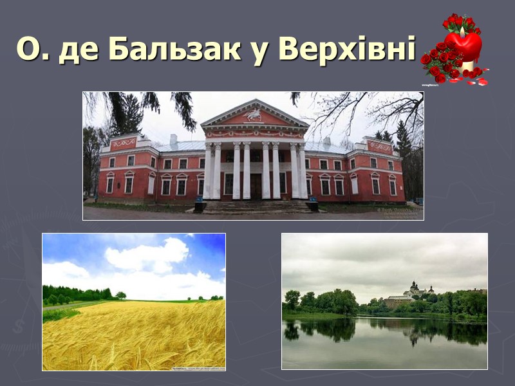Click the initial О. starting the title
pyautogui.click(x=29, y=50)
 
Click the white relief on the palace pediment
pyautogui.click(x=254, y=116)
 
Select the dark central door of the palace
pyautogui.click(x=256, y=186)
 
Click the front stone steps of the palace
pyautogui.click(x=256, y=207)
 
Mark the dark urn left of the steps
pyautogui.click(x=200, y=205)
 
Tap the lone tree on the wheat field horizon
pyautogui.click(x=120, y=295)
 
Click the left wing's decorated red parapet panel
pyautogui.click(x=124, y=143)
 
